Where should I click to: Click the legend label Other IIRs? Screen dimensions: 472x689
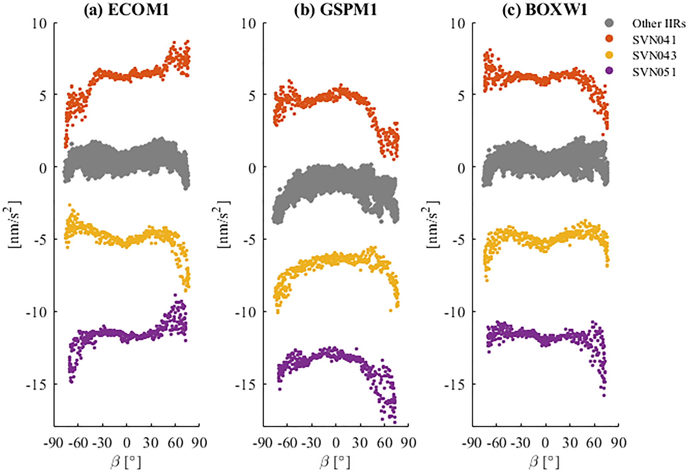click(659, 24)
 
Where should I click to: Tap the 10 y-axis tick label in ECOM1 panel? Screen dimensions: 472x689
click(40, 24)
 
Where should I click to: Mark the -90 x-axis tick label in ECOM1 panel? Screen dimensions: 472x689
click(53, 443)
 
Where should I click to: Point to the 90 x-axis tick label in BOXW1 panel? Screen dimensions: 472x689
click(619, 443)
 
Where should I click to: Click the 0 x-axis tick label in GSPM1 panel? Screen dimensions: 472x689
click(336, 443)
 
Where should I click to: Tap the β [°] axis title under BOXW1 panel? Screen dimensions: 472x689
click(544, 462)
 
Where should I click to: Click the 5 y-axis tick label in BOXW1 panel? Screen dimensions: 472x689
click(461, 96)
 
